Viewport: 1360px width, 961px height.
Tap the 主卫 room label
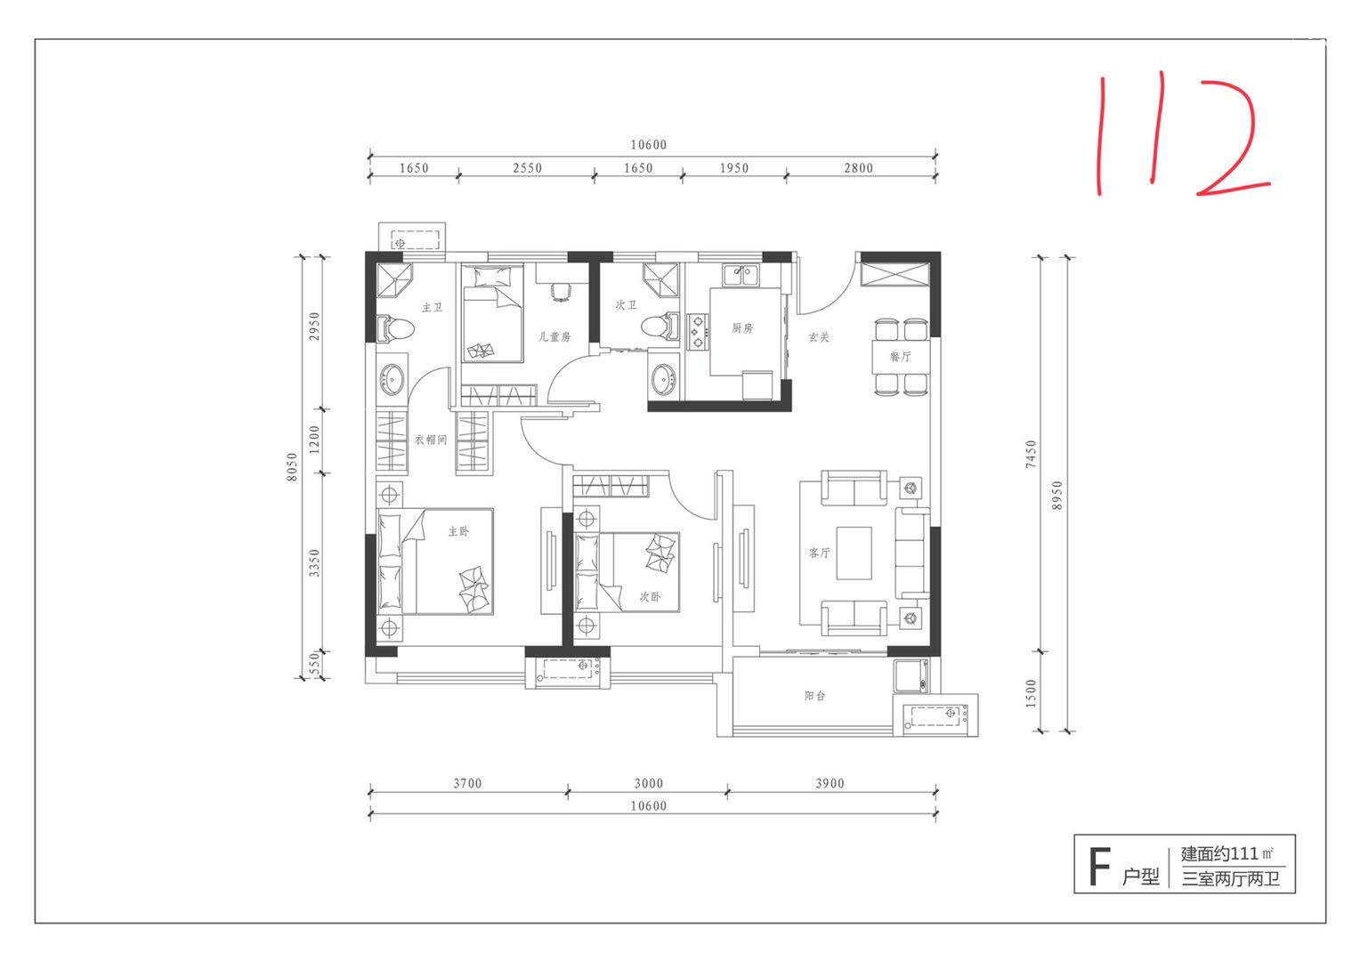click(433, 307)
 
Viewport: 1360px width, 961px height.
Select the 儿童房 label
click(555, 336)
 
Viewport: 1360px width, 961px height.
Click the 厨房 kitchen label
click(742, 328)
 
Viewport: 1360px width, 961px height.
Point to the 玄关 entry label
click(819, 337)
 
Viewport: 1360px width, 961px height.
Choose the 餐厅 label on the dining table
click(901, 356)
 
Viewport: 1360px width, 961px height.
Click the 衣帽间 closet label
click(431, 440)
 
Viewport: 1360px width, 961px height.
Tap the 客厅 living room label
click(819, 553)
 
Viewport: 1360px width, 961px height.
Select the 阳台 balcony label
click(814, 696)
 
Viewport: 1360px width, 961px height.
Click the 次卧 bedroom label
click(651, 597)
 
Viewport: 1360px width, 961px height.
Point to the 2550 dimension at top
click(527, 168)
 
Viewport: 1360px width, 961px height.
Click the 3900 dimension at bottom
click(830, 783)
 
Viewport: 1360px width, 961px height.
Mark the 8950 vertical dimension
click(1057, 495)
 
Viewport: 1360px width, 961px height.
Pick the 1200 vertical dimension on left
click(314, 439)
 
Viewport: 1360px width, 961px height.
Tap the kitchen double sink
click(740, 276)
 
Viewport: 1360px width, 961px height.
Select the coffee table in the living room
click(854, 553)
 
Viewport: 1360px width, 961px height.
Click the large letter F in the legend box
click(1099, 867)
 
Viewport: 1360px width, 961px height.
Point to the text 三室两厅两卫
click(1230, 878)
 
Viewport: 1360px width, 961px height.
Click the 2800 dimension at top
click(859, 168)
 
